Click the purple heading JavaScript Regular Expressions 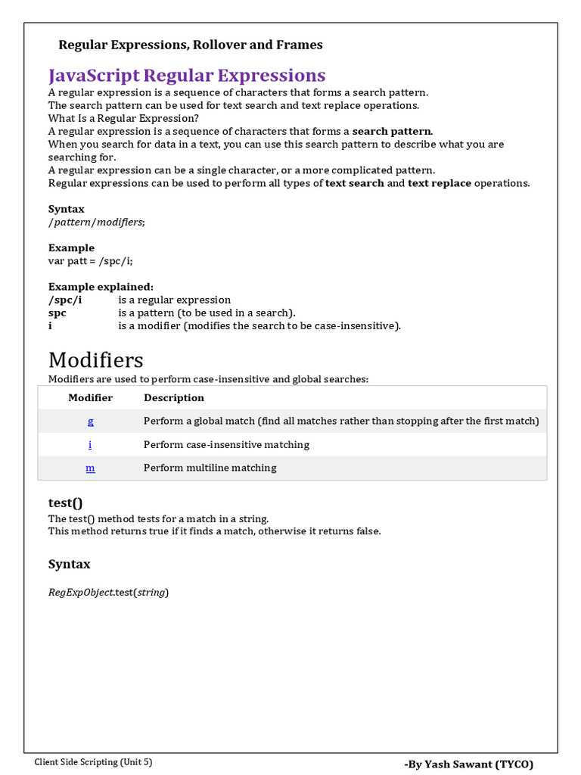pos(187,76)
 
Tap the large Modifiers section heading pos(95,359)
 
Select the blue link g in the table pos(91,421)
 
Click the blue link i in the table pos(91,444)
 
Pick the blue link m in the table pos(91,468)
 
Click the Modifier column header pos(91,397)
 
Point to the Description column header pos(174,397)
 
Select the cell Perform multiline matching pos(210,468)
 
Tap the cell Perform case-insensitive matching pos(226,444)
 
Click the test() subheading pos(65,503)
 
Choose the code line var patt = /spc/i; pos(95,260)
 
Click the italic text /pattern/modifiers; pos(96,222)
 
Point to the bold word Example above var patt pos(71,247)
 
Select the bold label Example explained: pos(101,287)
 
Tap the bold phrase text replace pos(440,183)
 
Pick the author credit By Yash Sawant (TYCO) pos(469,764)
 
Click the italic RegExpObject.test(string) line pos(109,592)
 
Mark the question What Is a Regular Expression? pos(123,118)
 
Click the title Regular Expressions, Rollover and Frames pos(191,45)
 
